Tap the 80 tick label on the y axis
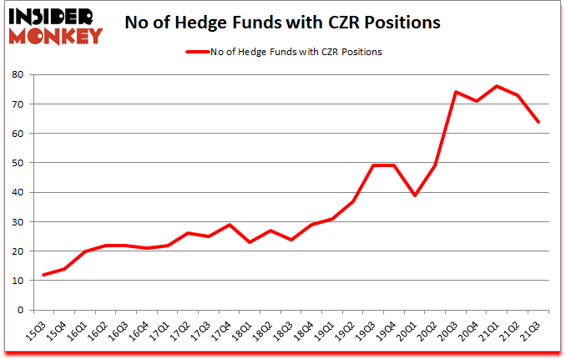18,75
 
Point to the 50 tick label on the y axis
18,163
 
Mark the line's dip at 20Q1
414,195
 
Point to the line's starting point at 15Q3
43,275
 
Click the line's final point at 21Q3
538,122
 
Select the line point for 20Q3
456,92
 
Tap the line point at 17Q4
229,225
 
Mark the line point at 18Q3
291,240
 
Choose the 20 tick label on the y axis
18,251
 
